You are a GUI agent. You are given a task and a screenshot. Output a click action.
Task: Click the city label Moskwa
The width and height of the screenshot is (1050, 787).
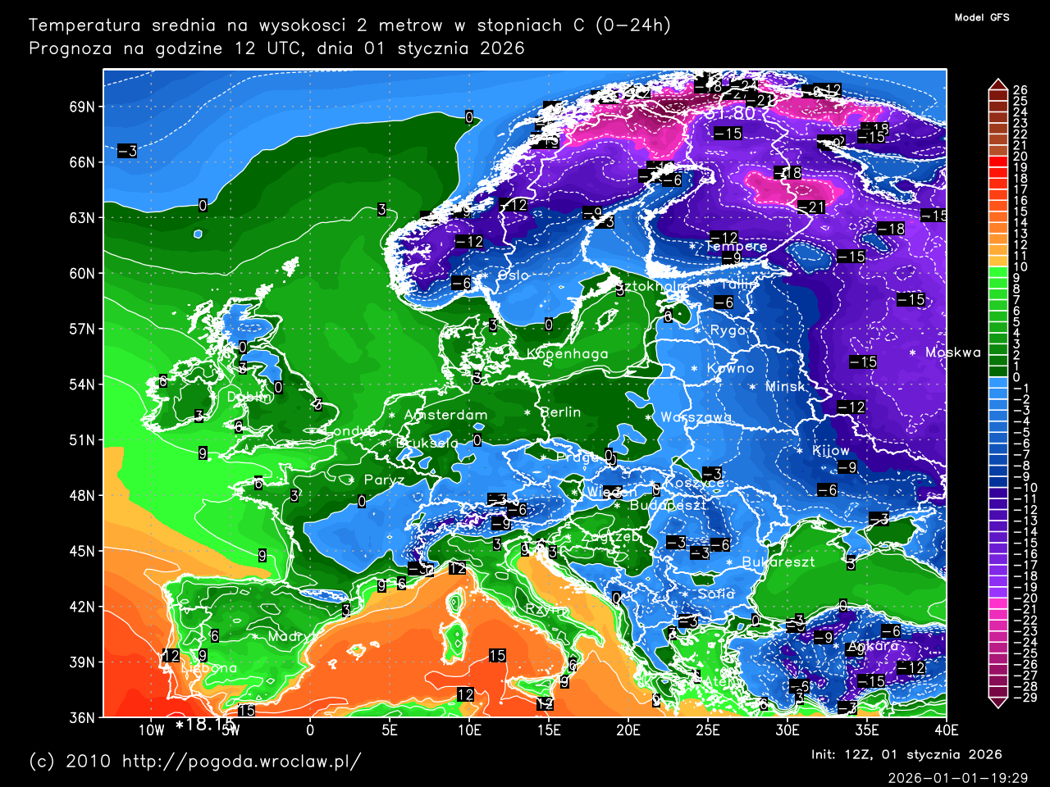[x=952, y=353]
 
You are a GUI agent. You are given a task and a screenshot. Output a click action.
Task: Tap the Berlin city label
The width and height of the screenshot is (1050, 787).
[x=561, y=412]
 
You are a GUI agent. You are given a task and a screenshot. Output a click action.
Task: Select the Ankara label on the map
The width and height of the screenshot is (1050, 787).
[x=873, y=646]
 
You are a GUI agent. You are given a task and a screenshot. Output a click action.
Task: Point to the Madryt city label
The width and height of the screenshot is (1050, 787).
[x=291, y=636]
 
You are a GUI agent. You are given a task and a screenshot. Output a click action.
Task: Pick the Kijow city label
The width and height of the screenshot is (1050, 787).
[x=830, y=451]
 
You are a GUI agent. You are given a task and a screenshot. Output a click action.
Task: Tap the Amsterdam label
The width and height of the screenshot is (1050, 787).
[x=445, y=415]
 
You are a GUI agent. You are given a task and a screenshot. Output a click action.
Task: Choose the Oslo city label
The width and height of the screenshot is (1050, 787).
[x=513, y=275]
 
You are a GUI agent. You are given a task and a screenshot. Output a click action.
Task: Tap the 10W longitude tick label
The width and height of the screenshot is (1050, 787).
[x=151, y=730]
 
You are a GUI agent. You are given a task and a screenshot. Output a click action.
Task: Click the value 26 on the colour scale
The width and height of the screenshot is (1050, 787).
[x=1020, y=90]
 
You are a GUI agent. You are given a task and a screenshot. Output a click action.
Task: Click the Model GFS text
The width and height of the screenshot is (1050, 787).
[x=982, y=17]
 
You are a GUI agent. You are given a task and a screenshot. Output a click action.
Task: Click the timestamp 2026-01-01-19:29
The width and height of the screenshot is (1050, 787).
[x=957, y=778]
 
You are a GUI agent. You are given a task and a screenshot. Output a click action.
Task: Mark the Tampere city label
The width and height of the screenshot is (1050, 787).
[x=736, y=246]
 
